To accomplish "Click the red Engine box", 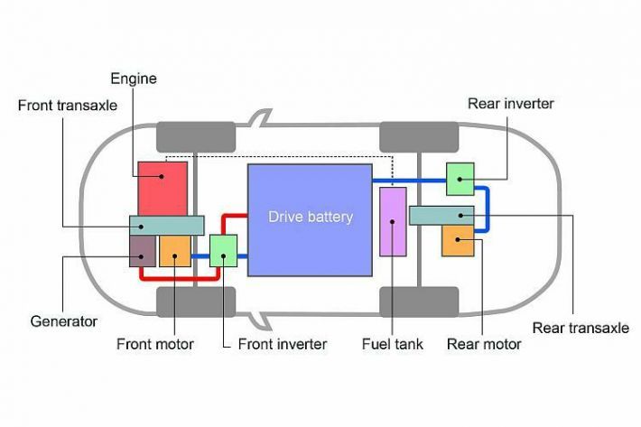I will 163,187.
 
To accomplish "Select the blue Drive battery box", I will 310,219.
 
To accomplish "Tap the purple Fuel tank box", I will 393,221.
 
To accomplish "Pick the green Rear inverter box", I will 460,179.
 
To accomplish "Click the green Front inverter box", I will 223,250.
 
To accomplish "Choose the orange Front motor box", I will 175,251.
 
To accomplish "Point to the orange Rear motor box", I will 457,242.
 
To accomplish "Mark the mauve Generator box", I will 142,250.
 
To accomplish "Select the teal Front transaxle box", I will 166,225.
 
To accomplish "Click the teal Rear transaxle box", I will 441,215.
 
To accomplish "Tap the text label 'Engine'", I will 134,79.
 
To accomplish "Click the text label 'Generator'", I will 64,320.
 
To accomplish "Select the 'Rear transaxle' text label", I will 581,328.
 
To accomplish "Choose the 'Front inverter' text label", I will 282,344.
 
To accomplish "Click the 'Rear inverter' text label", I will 511,103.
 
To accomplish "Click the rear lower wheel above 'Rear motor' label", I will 420,302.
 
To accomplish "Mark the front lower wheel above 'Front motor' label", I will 196,302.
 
